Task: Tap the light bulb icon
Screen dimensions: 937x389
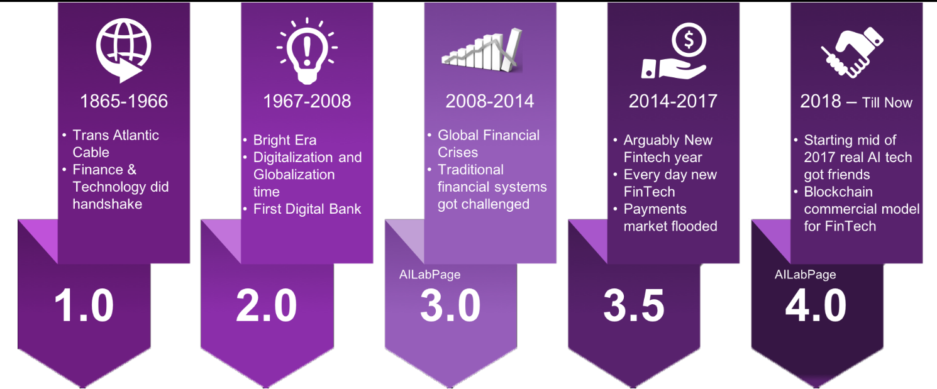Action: coord(307,51)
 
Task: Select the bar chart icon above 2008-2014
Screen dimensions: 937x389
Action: coord(482,50)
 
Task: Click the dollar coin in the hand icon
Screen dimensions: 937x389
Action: coord(689,40)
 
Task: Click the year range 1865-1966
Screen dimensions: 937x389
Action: coord(124,101)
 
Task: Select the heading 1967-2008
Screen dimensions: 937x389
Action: coord(307,101)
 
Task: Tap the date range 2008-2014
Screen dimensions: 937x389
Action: coord(490,101)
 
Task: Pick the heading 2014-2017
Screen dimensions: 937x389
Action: coord(673,101)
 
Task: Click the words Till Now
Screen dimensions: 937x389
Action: coord(887,103)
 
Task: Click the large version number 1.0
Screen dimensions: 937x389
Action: coord(84,306)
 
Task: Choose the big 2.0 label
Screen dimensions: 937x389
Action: coord(267,306)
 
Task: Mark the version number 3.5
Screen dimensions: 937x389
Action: coord(634,306)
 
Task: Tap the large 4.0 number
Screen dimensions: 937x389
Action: coord(816,306)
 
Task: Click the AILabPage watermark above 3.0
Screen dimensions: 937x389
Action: coord(430,275)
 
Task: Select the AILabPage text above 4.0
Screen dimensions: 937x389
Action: coord(805,275)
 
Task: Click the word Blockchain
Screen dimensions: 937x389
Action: coord(838,192)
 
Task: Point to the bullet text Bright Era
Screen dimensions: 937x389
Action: coord(285,140)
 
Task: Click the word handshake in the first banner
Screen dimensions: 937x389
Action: coord(108,204)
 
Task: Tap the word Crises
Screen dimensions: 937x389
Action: coord(458,153)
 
